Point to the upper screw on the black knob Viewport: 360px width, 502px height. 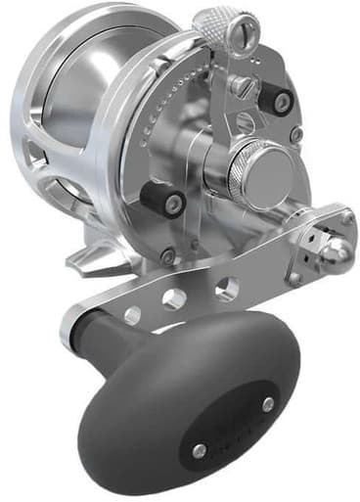point(267,402)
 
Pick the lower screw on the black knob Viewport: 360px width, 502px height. point(200,449)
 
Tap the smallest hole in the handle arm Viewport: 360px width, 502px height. point(134,315)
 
